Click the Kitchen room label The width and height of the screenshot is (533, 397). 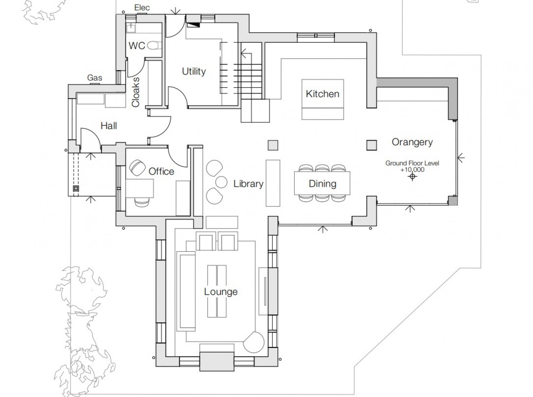click(x=323, y=94)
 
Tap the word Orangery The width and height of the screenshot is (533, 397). click(x=412, y=142)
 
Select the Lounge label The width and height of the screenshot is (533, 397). click(x=221, y=292)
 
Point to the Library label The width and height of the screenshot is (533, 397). click(x=248, y=184)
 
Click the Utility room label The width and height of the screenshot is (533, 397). click(x=194, y=71)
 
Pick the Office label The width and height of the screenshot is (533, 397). click(x=161, y=171)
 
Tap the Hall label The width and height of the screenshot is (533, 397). click(x=109, y=126)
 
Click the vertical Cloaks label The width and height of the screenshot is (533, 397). click(x=136, y=92)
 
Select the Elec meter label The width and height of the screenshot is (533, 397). click(x=142, y=7)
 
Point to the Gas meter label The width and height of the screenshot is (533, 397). click(x=95, y=78)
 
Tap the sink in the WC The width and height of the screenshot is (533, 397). click(x=131, y=28)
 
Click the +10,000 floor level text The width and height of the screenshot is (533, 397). click(x=412, y=169)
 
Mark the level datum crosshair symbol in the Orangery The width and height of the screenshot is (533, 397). click(x=412, y=177)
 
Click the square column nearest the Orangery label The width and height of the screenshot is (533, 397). click(x=371, y=145)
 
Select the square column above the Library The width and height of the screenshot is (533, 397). click(x=273, y=145)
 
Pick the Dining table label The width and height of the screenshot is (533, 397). click(x=322, y=184)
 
